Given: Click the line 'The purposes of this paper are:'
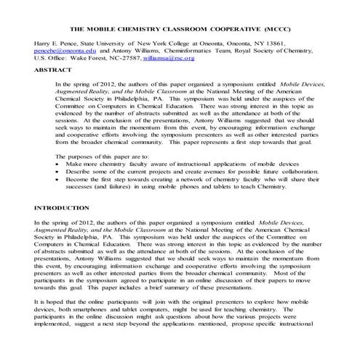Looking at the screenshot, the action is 103,156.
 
